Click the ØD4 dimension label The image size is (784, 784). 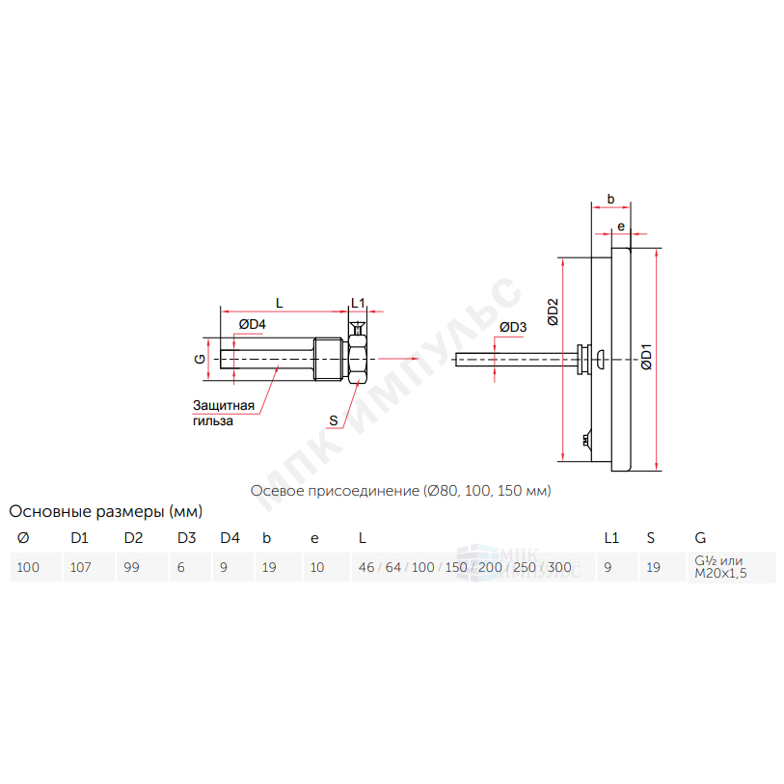252,325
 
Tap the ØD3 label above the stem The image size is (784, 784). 513,328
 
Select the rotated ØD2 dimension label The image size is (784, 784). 553,312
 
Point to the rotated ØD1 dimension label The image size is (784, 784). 646,357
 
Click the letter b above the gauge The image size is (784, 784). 610,199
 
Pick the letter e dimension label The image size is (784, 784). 621,227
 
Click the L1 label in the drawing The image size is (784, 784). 358,303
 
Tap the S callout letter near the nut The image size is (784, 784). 334,421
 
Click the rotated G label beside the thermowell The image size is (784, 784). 200,359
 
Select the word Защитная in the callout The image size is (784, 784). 224,405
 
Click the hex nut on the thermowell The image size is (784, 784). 358,359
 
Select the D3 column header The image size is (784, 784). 186,538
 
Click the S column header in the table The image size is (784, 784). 651,538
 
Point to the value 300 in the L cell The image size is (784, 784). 559,567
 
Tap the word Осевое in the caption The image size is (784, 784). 277,491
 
